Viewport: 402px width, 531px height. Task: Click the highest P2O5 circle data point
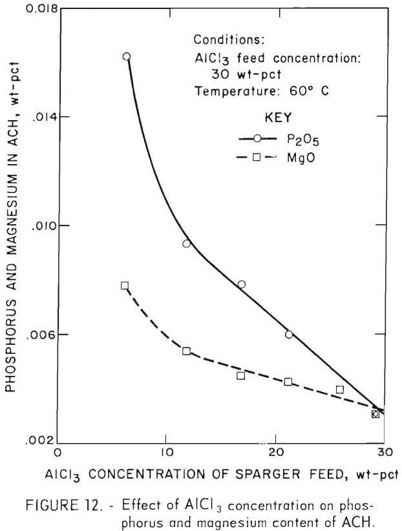[x=127, y=57]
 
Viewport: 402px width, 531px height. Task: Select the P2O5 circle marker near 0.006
[x=289, y=334]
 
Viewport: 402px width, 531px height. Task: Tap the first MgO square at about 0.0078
[x=125, y=286]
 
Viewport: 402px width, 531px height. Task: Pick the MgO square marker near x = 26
[x=340, y=390]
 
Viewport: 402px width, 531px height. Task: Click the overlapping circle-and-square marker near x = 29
[x=376, y=413]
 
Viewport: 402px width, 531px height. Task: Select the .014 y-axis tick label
[x=41, y=118]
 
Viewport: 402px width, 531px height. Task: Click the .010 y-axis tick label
[x=41, y=226]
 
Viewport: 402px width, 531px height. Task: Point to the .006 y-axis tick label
[x=41, y=335]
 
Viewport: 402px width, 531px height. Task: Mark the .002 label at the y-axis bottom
[x=41, y=443]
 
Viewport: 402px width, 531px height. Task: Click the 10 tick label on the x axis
[x=166, y=452]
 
